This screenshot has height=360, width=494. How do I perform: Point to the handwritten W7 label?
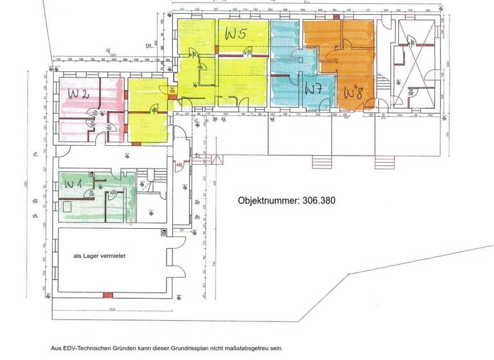313,89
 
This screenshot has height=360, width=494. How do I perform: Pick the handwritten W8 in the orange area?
353,92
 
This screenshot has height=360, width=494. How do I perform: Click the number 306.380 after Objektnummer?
315,201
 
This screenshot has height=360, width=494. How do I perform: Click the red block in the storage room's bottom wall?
108,294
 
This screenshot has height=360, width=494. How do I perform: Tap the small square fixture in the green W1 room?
68,207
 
